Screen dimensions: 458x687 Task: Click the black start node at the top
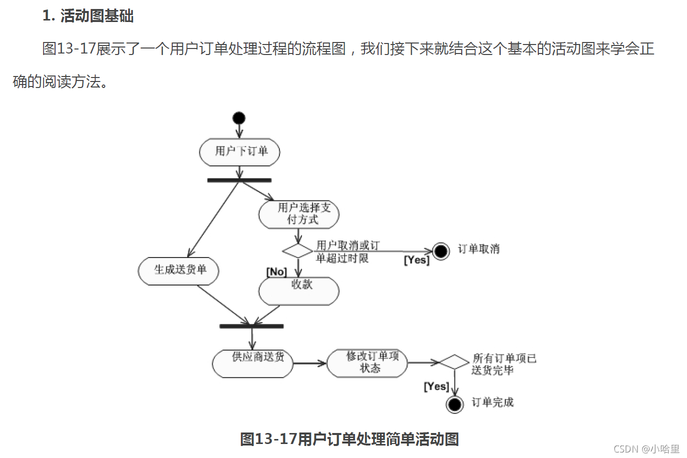point(239,118)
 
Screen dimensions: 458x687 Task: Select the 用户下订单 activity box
point(239,152)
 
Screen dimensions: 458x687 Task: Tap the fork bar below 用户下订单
point(239,180)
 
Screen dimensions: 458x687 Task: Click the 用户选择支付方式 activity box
point(299,214)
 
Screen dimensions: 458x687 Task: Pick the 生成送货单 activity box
point(179,271)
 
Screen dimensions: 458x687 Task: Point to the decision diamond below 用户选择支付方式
point(297,250)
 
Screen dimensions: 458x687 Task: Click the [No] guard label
point(276,271)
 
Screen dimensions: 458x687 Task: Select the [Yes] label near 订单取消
point(417,260)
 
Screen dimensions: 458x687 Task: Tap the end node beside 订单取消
point(441,250)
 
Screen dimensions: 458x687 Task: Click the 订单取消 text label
point(479,249)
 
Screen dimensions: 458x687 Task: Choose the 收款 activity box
point(299,290)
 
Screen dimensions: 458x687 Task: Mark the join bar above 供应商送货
point(251,326)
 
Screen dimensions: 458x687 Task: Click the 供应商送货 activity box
point(252,363)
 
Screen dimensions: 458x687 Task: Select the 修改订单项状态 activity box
point(367,362)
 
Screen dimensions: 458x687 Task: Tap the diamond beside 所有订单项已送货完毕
point(454,362)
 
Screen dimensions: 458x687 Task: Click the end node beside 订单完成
point(455,404)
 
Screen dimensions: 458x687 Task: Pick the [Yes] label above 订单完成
point(436,386)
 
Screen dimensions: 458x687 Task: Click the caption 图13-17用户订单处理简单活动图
point(350,439)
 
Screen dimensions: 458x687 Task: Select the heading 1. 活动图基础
point(88,16)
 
